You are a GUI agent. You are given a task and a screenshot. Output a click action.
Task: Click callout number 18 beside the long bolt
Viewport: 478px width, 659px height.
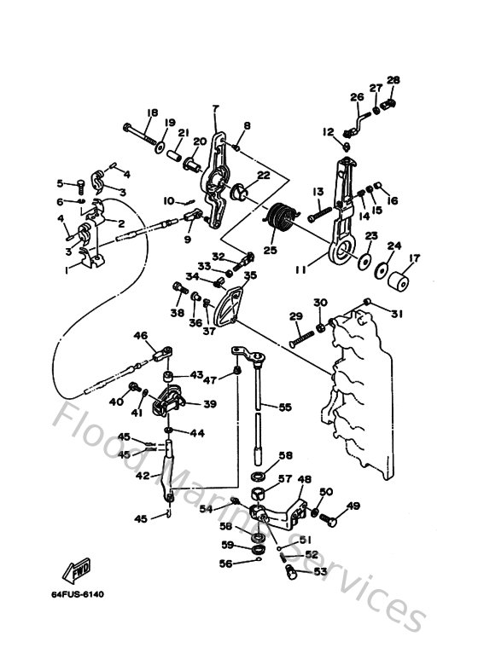pos(152,113)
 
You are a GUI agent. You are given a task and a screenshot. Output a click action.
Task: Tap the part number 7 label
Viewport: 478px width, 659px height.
pos(214,108)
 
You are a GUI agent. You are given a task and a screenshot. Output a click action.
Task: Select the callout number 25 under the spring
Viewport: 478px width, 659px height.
pos(271,251)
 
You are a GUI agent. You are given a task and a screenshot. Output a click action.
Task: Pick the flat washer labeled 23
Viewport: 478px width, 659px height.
pos(365,258)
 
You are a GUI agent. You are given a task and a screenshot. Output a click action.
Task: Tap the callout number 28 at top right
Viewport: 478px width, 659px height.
pos(393,80)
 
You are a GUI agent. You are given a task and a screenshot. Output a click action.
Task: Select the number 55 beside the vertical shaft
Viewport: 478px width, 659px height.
pos(284,408)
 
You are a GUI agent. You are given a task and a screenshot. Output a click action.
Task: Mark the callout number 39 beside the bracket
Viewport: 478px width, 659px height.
pos(209,404)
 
